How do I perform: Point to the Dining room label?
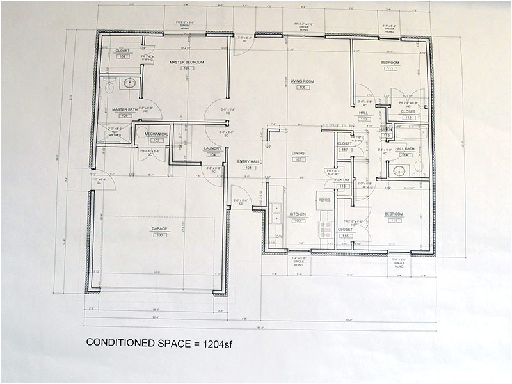(298, 154)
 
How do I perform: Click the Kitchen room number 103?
(298, 221)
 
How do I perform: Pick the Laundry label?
(212, 148)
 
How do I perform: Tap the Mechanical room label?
(156, 134)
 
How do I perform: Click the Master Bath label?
(125, 109)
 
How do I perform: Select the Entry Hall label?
(248, 161)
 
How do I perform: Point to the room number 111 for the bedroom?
(389, 68)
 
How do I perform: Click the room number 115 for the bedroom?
(393, 220)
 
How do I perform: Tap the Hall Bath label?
(404, 149)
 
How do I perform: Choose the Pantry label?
(342, 180)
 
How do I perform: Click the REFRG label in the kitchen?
(324, 200)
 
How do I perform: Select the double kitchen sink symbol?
(276, 212)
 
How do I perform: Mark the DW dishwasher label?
(278, 236)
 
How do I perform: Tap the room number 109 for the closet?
(123, 56)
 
